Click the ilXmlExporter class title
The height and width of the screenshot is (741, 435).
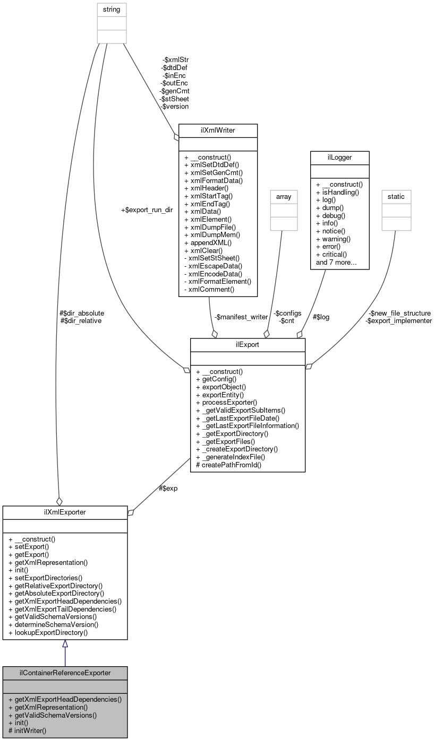[x=65, y=512]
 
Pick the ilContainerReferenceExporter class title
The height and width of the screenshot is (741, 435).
[x=65, y=673]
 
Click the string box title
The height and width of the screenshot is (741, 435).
[x=112, y=9]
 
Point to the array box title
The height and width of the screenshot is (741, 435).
[x=281, y=196]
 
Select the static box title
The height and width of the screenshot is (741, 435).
[x=396, y=196]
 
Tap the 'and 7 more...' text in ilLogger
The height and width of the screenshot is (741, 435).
[x=336, y=262]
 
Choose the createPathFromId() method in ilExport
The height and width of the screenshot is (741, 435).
[x=229, y=465]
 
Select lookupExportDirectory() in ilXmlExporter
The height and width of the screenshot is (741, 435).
[x=48, y=632]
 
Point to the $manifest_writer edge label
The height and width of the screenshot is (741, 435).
[x=241, y=317]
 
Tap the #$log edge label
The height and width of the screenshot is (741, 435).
[x=321, y=317]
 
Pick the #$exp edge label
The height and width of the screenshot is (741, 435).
[x=168, y=488]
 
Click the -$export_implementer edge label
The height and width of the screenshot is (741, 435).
[x=398, y=320]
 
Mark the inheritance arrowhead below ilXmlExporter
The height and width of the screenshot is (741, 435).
[x=65, y=644]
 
